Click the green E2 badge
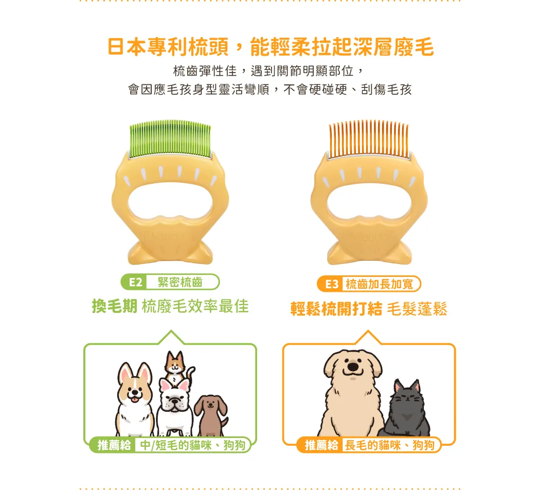point(134,282)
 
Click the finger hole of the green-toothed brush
point(170,201)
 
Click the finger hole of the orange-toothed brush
point(369,201)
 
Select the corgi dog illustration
point(135,399)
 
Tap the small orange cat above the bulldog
point(177,367)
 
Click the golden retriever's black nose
point(353,366)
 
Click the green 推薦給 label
point(114,445)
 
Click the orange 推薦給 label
point(321,445)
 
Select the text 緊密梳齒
point(180,282)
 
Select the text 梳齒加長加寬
point(379,284)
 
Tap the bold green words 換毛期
point(115,306)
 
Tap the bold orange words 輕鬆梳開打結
point(336,308)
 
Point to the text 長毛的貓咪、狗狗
point(389,445)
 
